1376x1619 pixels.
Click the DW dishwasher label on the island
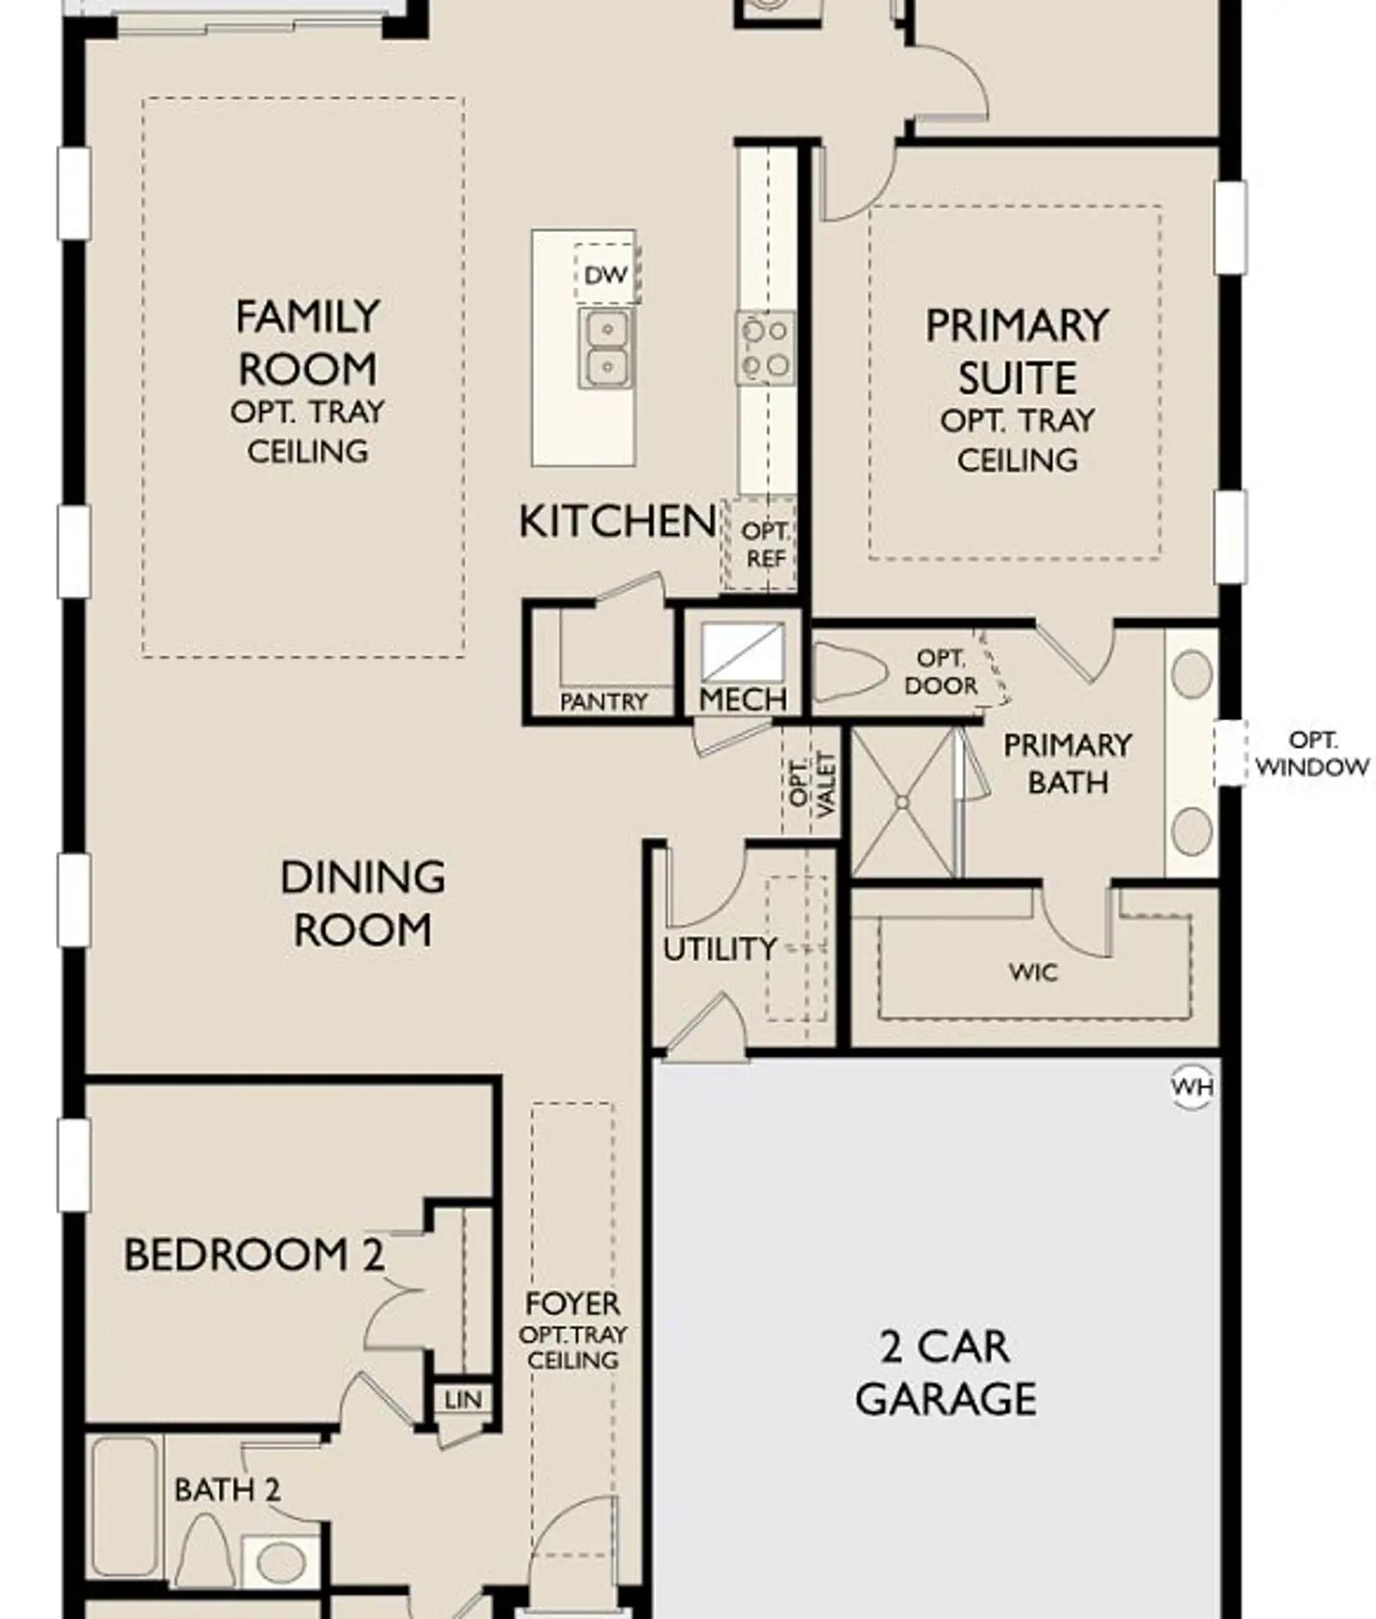606,276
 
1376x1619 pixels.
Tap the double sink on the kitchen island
606,349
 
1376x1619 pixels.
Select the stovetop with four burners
765,347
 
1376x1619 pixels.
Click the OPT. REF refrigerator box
760,544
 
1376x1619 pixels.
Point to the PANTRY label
603,702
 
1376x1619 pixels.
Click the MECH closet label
742,700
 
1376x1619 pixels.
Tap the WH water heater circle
1193,1087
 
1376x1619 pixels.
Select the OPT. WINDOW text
1312,753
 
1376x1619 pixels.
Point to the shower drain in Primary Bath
902,802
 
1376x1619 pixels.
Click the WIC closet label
1033,972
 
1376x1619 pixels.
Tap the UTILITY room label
720,949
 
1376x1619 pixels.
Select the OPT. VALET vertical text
812,784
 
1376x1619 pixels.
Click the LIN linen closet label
463,1400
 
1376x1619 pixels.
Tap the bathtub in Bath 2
125,1506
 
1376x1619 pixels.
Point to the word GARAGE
945,1400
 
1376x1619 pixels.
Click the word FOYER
573,1303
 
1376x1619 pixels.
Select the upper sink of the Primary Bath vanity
1192,673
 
